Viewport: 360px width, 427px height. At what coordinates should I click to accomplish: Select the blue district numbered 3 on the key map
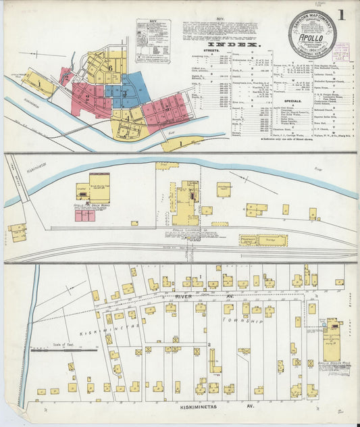[x=125, y=92]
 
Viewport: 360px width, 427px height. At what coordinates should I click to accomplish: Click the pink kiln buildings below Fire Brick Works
[x=84, y=216]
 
